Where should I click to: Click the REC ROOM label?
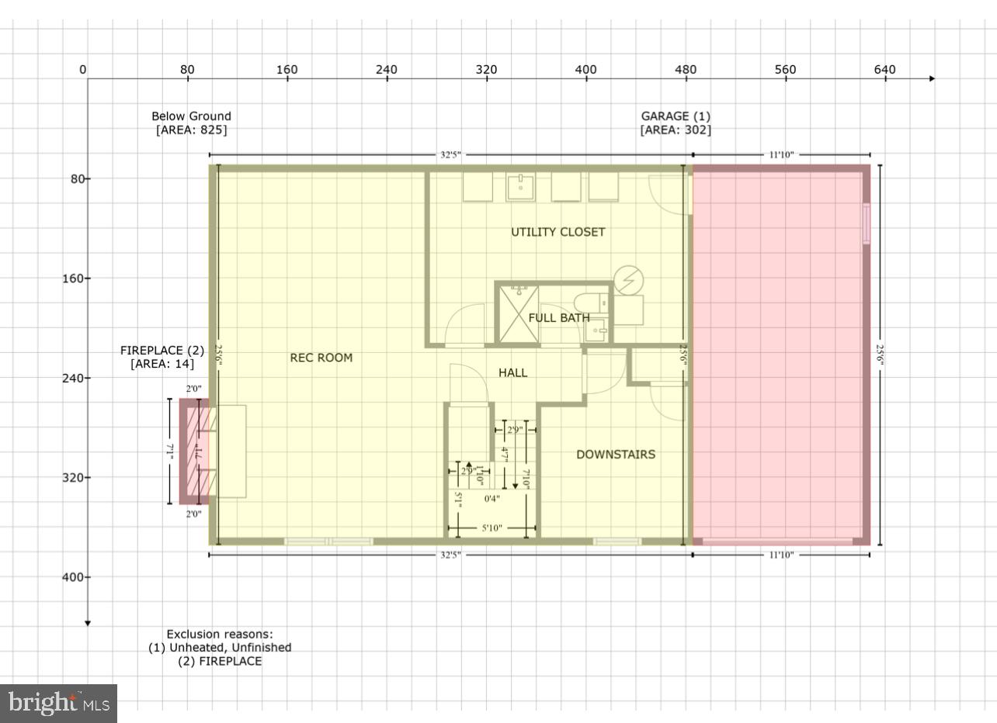click(x=321, y=358)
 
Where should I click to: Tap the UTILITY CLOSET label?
click(x=558, y=232)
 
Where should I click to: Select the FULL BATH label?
click(x=558, y=318)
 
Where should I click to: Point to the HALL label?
click(x=512, y=373)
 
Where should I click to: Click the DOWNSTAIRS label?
click(x=615, y=455)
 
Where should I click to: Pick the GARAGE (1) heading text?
click(x=675, y=116)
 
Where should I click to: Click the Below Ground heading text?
click(x=191, y=116)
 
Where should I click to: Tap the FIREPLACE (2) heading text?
click(x=162, y=351)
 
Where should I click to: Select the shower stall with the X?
click(x=519, y=313)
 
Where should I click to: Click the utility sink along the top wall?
click(x=519, y=186)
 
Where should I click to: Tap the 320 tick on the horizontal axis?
click(x=486, y=70)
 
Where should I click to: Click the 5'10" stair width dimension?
click(x=492, y=528)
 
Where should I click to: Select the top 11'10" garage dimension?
click(x=780, y=155)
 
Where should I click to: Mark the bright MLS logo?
click(x=58, y=704)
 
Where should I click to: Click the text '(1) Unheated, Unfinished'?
click(x=220, y=648)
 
